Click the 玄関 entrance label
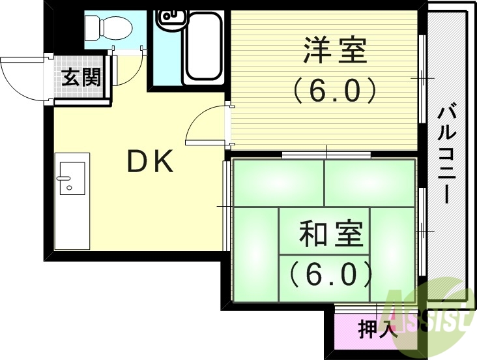point(81,78)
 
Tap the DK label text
point(150,162)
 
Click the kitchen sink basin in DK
point(72,178)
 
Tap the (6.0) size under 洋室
point(334,90)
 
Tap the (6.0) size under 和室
point(330,274)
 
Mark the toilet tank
point(92,27)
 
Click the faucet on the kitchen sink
point(65,178)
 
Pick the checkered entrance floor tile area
point(81,88)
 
